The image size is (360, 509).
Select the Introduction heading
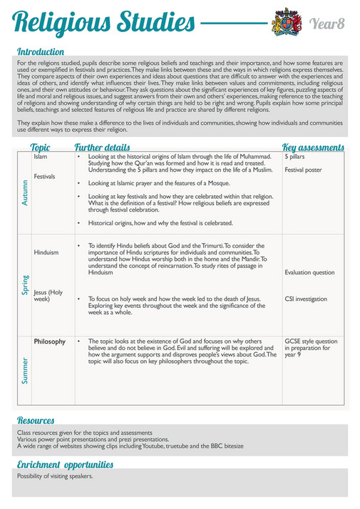pos(40,52)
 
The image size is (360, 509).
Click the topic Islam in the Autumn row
pos(40,156)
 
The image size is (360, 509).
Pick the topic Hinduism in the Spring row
pos(46,253)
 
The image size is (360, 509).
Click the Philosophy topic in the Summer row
pos(50,341)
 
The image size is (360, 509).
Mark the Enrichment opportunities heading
pos(65,465)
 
